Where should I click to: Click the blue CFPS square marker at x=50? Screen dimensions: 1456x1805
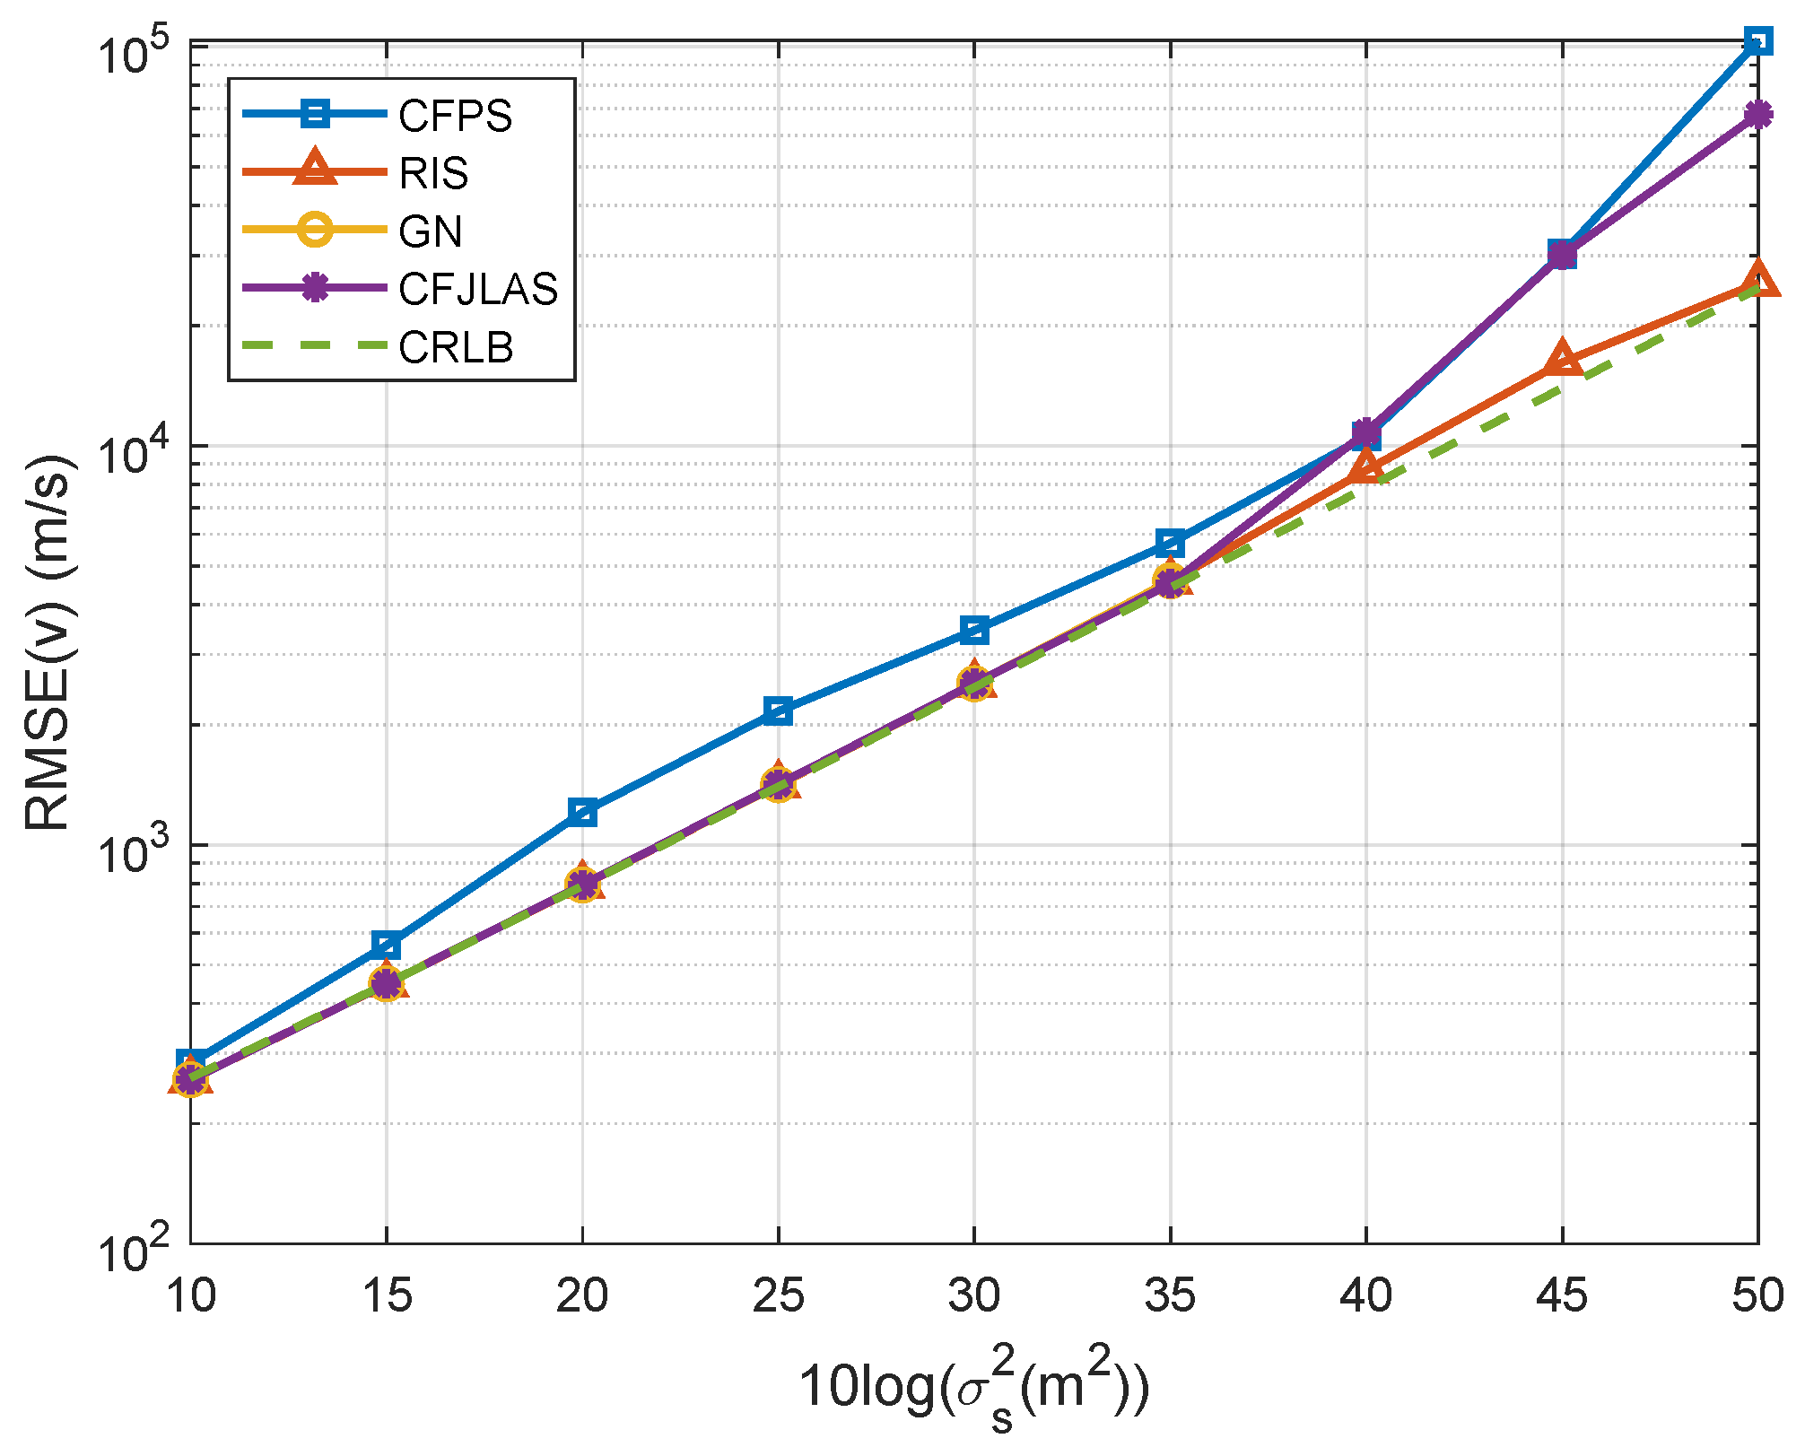1758,40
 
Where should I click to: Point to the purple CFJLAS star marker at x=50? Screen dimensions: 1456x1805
1758,114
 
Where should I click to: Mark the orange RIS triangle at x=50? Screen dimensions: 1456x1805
1758,281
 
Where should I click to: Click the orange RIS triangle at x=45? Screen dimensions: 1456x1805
1562,359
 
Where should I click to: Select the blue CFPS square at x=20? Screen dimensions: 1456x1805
582,813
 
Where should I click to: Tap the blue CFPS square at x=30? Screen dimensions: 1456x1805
974,630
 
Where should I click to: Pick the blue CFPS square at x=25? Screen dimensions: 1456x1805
778,711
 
